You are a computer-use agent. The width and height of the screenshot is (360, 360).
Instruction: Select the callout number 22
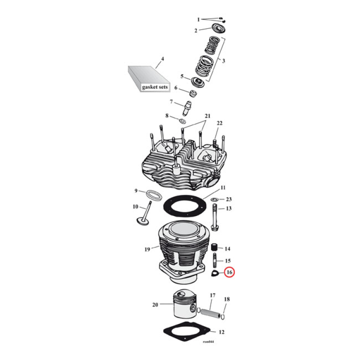coord(219,123)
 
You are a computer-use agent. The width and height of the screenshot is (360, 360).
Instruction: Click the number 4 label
coord(162,59)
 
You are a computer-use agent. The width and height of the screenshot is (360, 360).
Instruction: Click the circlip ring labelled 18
coord(224,315)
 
